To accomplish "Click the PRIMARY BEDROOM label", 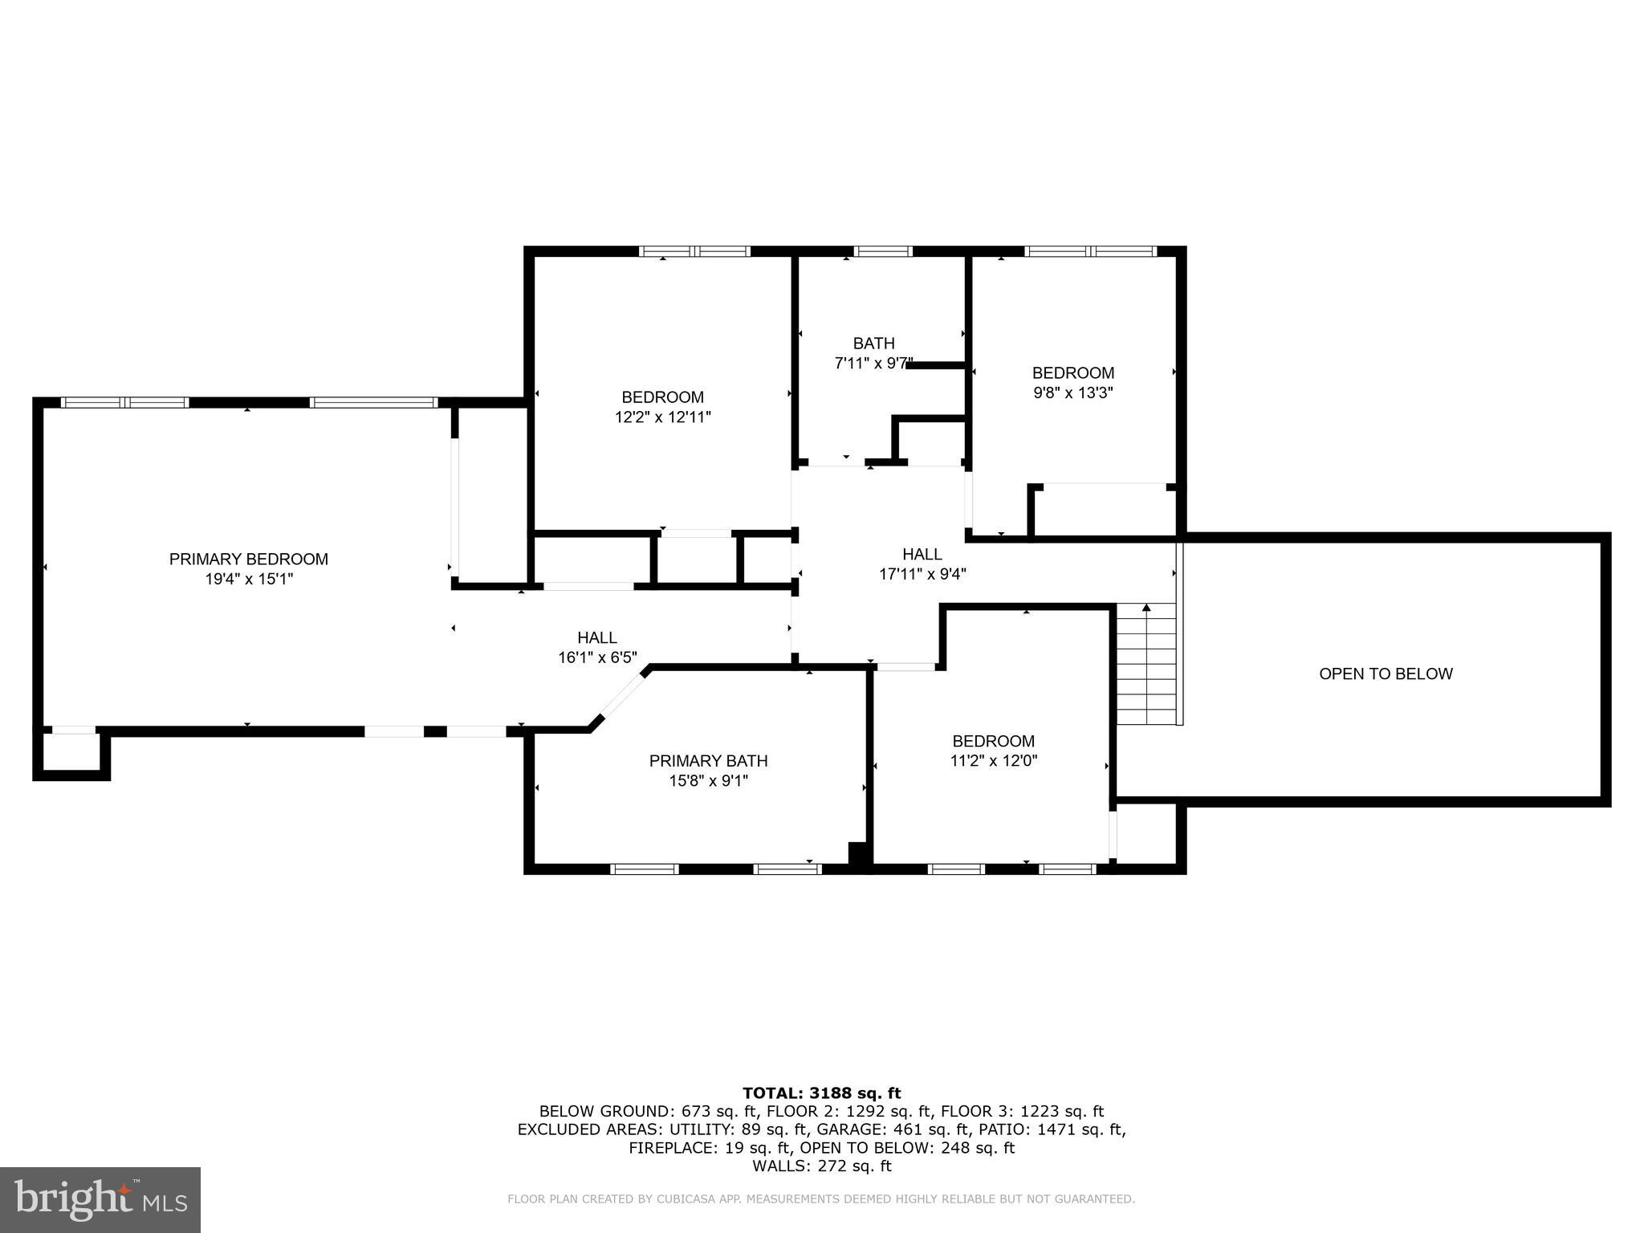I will click(x=248, y=560).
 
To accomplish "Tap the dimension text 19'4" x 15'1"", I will click(x=249, y=580).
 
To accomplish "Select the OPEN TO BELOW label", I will click(x=1386, y=674).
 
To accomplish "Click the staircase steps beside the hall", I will click(x=1146, y=666).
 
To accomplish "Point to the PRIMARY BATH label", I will click(x=708, y=761).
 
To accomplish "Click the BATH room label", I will click(x=873, y=344).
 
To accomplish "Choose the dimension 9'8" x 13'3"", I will click(x=1072, y=393).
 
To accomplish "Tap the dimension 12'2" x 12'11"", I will click(x=662, y=417).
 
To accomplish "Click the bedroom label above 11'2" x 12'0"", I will click(x=993, y=742).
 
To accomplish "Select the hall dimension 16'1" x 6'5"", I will click(x=597, y=658).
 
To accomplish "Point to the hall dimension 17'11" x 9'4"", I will click(x=922, y=575).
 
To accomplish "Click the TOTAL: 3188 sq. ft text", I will click(x=821, y=1093).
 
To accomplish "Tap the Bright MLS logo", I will click(x=100, y=1200).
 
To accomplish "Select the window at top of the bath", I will click(x=882, y=251).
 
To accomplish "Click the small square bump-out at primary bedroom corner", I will click(x=71, y=755).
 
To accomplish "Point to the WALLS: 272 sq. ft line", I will click(x=821, y=1166).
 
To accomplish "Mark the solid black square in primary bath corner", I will click(x=858, y=853).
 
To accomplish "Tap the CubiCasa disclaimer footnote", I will click(x=821, y=1199).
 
